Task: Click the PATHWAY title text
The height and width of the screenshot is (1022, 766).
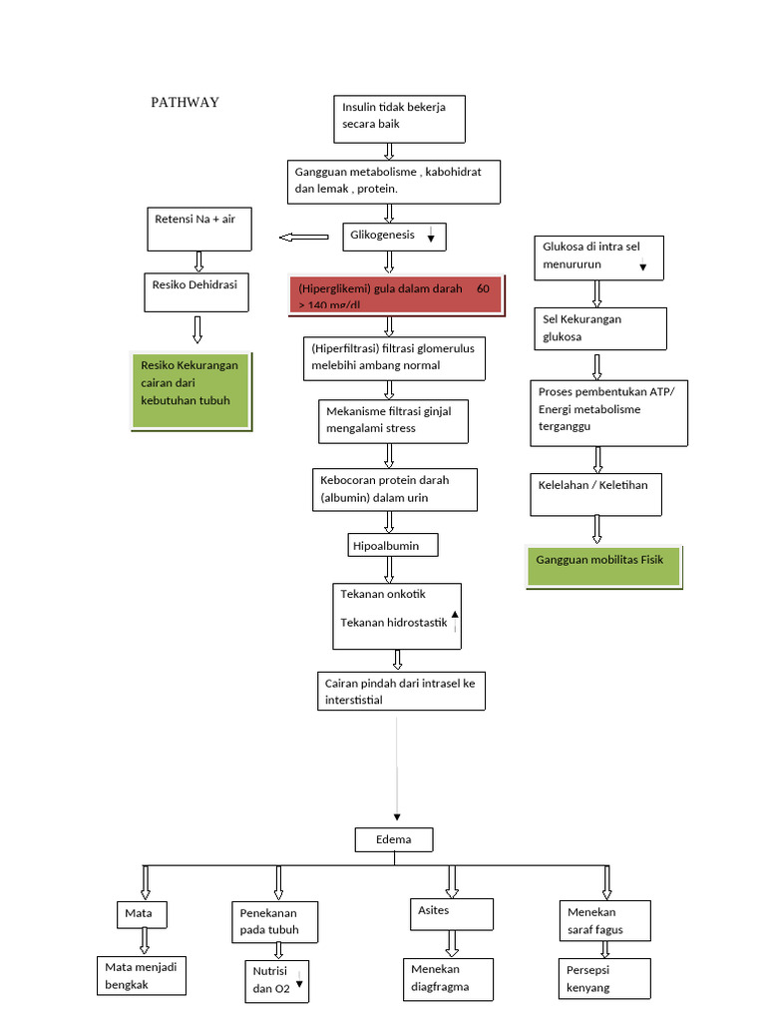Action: pyautogui.click(x=185, y=102)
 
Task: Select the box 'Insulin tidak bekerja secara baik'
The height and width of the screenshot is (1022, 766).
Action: pyautogui.click(x=399, y=119)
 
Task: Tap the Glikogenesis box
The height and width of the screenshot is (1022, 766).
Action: pyautogui.click(x=395, y=237)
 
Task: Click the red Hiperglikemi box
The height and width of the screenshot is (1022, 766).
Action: pyautogui.click(x=396, y=295)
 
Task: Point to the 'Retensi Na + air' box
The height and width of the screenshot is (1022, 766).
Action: pyautogui.click(x=199, y=229)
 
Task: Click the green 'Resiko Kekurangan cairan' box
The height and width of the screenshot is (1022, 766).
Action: pyautogui.click(x=191, y=390)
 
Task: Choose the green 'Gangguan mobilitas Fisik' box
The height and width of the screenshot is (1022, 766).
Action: pyautogui.click(x=604, y=567)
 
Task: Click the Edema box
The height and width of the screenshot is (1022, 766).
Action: pyautogui.click(x=394, y=839)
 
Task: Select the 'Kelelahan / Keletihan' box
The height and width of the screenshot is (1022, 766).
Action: pyautogui.click(x=595, y=493)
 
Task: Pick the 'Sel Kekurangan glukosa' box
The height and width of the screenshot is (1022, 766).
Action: pyautogui.click(x=599, y=328)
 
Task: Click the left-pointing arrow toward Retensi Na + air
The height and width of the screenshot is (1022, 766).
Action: pyautogui.click(x=304, y=238)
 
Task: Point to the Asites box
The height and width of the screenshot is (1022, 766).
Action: pyautogui.click(x=451, y=913)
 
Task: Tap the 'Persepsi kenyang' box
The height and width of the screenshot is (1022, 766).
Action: pyautogui.click(x=605, y=979)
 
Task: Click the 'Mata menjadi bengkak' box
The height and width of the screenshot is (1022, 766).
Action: pyautogui.click(x=143, y=975)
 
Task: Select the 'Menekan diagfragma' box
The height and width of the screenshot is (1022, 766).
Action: pyautogui.click(x=451, y=979)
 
